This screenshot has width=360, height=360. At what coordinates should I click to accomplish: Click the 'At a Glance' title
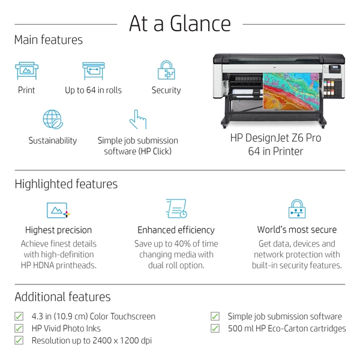(x=180, y=23)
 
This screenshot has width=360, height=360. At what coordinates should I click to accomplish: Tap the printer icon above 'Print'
(x=26, y=70)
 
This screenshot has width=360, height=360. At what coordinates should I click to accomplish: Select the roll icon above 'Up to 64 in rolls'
(x=93, y=70)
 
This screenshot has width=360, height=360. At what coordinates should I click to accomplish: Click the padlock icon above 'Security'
(x=166, y=70)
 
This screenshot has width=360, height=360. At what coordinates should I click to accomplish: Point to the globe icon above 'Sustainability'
(x=53, y=119)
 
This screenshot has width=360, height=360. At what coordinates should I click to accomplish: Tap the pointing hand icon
(x=138, y=119)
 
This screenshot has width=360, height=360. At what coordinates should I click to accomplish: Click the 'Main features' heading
(x=49, y=40)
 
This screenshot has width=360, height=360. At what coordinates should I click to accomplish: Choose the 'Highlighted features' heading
(x=66, y=184)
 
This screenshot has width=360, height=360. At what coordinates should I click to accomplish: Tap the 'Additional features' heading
(x=62, y=297)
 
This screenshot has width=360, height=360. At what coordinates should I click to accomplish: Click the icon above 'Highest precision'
(x=58, y=210)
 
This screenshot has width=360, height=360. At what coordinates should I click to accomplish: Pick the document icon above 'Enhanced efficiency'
(x=176, y=209)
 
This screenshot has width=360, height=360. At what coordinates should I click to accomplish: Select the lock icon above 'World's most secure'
(x=297, y=209)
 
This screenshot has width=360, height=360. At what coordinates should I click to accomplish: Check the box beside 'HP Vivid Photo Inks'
(x=19, y=328)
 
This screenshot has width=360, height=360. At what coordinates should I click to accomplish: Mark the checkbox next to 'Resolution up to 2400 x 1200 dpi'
(x=19, y=340)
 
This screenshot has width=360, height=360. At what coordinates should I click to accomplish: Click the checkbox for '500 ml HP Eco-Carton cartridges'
(x=215, y=328)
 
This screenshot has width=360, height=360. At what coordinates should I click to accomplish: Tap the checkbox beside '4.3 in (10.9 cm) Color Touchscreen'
(x=19, y=316)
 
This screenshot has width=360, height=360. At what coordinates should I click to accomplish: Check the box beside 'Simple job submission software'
(x=215, y=316)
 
